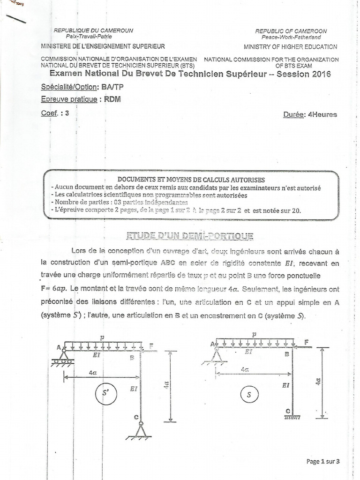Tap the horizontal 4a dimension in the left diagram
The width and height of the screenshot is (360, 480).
pyautogui.click(x=93, y=373)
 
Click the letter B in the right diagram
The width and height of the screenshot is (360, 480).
pyautogui.click(x=287, y=354)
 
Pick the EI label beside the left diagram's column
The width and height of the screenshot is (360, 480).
pyautogui.click(x=134, y=388)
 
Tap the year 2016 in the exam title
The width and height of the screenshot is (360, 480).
pyautogui.click(x=321, y=74)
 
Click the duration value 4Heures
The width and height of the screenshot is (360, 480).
pyautogui.click(x=322, y=114)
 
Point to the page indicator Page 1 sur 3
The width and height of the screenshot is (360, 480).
pyautogui.click(x=322, y=462)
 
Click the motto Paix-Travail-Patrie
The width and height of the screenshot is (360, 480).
pyautogui.click(x=93, y=36)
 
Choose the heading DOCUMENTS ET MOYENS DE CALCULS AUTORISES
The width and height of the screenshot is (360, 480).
pyautogui.click(x=191, y=180)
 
